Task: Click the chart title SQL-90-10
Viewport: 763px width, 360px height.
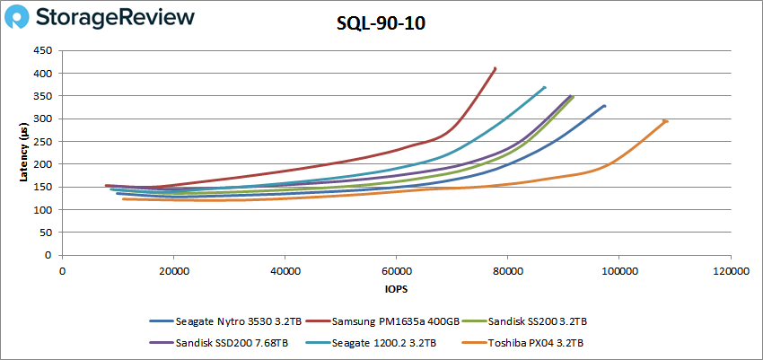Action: point(381,25)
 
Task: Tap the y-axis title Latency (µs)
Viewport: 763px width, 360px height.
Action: point(24,153)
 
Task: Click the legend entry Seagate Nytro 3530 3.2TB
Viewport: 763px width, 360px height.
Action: point(227,320)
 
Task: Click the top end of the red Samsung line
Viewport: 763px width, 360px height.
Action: point(496,68)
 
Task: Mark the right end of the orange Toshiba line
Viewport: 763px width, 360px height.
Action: point(666,121)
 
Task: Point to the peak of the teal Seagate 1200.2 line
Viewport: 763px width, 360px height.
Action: point(545,87)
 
